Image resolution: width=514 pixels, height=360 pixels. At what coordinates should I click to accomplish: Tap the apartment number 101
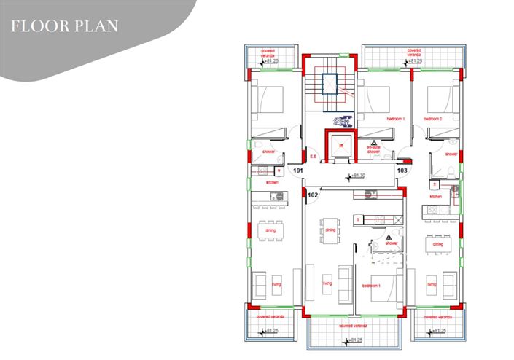pos(297,171)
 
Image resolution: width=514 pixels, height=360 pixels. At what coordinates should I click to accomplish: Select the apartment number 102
pos(313,195)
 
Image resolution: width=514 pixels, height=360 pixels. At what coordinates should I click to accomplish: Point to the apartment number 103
pos(402,171)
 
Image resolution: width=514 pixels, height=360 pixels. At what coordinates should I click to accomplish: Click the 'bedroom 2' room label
pos(434,118)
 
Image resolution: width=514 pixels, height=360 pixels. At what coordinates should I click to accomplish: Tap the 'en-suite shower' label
pos(374,149)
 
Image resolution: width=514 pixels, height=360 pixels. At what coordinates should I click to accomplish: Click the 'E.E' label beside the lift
pos(313,156)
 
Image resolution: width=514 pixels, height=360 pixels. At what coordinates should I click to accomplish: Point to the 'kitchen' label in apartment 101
pos(272,183)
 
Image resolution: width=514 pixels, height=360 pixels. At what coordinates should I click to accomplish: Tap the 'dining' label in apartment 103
pos(437,244)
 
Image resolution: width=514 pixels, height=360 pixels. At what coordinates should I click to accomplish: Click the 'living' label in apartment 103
pos(432,284)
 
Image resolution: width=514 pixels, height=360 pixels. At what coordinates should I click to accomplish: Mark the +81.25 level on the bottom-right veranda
pos(437,332)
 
